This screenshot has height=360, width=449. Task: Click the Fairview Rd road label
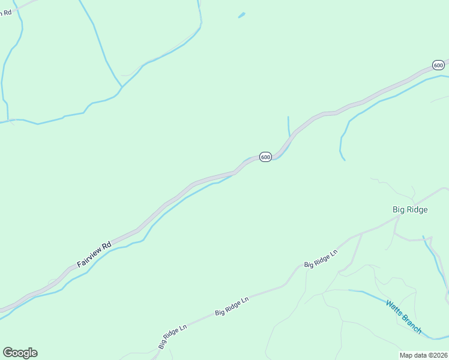tap(94, 254)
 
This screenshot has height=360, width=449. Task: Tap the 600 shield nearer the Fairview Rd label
tap(265, 157)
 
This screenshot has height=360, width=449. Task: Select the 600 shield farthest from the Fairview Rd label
tap(438, 65)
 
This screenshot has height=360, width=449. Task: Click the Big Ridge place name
tap(410, 209)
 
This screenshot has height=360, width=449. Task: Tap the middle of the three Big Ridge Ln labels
tap(232, 305)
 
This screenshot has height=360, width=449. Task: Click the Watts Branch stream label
tap(404, 317)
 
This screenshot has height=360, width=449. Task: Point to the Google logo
tap(20, 353)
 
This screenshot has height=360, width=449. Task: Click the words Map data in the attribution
tap(414, 355)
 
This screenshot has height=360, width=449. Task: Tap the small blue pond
tap(241, 15)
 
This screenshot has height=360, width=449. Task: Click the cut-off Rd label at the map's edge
tap(7, 12)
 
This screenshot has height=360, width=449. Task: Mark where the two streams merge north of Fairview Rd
tap(122, 86)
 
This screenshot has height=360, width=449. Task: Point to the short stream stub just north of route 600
tap(289, 125)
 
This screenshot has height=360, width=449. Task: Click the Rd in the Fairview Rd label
tap(107, 245)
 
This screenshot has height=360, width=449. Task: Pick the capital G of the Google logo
tap(8, 353)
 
